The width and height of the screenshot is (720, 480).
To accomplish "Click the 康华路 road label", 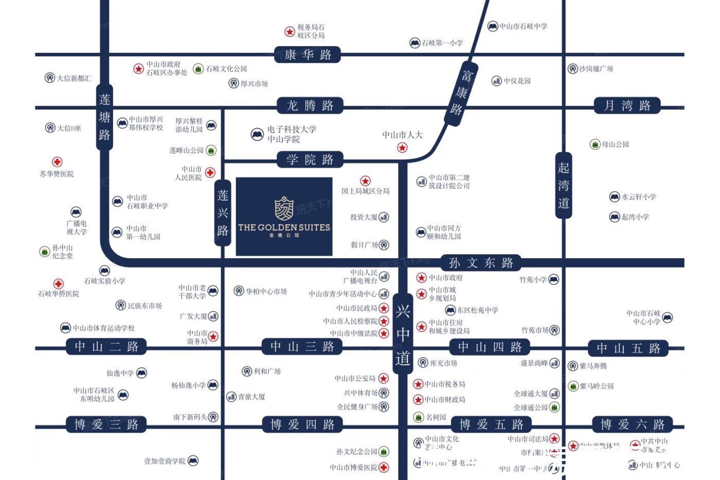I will tap(308, 55).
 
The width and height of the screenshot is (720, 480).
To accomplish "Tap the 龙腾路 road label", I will tap(310, 106).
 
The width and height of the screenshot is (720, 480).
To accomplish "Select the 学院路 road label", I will tap(310, 160).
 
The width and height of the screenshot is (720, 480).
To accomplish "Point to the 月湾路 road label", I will tap(627, 106).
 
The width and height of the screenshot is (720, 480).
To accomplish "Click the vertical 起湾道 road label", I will tap(564, 185).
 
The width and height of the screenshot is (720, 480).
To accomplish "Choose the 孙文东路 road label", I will tap(481, 263).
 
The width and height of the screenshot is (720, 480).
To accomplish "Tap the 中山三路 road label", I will tap(302, 347).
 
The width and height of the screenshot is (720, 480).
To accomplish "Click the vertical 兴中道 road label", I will tap(403, 334).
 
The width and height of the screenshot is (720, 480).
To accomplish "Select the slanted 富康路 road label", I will tap(461, 93).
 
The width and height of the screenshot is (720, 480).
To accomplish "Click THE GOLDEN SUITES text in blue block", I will tap(284, 227).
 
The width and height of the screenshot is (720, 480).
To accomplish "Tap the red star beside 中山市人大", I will tap(402, 148).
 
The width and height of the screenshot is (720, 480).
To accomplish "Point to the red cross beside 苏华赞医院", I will tap(57, 162).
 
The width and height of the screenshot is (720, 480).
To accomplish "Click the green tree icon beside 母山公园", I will tap(595, 145).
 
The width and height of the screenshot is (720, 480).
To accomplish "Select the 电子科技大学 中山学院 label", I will tap(291, 134).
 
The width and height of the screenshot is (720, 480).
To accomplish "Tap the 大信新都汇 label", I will tap(74, 78).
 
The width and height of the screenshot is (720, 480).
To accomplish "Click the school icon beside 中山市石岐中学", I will tap(493, 26).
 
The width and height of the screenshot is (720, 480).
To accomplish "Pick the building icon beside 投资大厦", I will tap(384, 217).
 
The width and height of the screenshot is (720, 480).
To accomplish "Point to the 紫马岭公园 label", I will tap(597, 386).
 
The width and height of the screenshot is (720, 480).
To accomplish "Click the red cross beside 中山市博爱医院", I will tap(384, 467).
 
